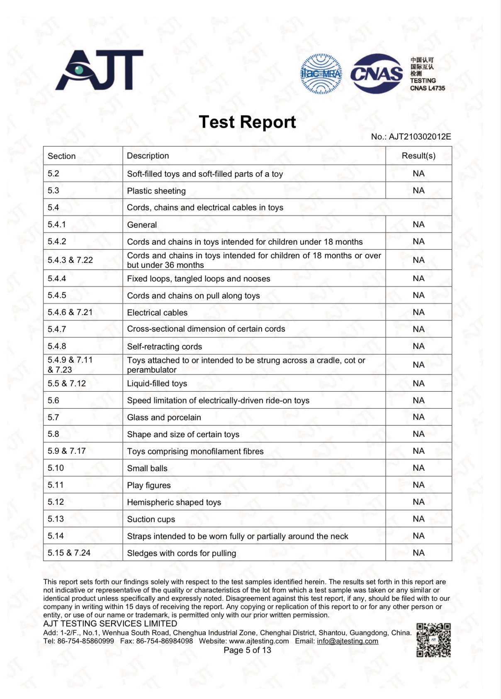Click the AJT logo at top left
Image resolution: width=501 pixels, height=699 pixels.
100,70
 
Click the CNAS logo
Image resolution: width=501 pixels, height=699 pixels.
377,74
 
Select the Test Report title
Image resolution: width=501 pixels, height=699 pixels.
247,122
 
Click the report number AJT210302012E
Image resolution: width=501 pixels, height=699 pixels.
419,137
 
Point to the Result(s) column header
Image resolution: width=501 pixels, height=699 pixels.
418,156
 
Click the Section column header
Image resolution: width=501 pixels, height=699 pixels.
62,156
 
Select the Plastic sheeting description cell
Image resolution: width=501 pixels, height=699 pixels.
156,191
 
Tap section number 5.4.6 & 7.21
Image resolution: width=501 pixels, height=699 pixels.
70,312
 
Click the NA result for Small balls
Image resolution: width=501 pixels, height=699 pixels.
418,468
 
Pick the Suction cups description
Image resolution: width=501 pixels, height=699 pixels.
151,519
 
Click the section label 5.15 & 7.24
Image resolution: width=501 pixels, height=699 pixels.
69,553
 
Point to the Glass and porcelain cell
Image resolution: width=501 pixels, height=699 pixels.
164,417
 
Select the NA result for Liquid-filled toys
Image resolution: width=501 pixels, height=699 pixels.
418,383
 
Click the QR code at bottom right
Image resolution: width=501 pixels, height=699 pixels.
433,640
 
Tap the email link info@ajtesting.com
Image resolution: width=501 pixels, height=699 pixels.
348,641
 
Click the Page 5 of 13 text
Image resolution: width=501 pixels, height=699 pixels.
247,650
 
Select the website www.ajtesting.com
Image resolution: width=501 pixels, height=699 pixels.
259,641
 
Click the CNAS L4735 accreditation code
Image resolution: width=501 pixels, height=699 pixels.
427,88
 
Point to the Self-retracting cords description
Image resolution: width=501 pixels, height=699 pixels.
165,347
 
